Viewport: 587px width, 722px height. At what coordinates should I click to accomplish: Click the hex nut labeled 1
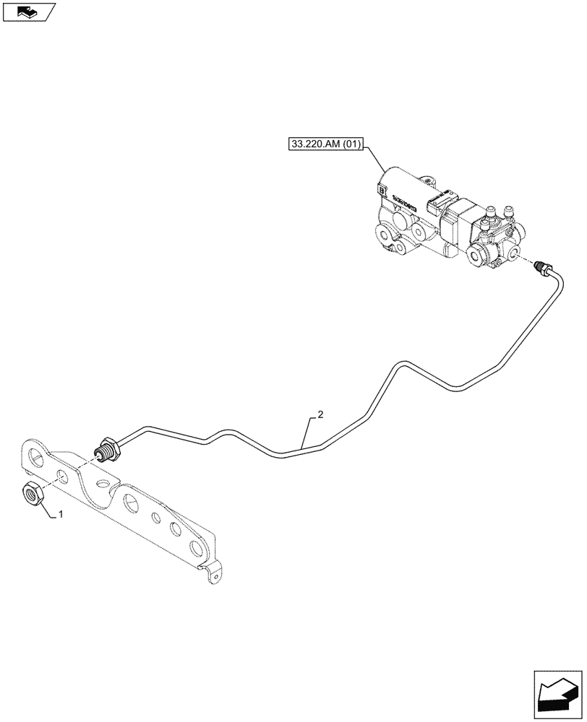[x=32, y=495]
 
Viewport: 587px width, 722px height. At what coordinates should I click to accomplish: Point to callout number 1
[x=61, y=515]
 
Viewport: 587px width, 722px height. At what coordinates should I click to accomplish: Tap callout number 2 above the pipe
[x=320, y=415]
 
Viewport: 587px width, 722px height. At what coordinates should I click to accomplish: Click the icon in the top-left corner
[x=28, y=11]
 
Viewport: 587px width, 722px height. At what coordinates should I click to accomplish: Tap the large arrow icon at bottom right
[x=557, y=692]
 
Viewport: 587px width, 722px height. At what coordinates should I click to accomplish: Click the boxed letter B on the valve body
[x=382, y=190]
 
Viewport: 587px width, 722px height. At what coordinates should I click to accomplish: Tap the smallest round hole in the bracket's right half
[x=155, y=517]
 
